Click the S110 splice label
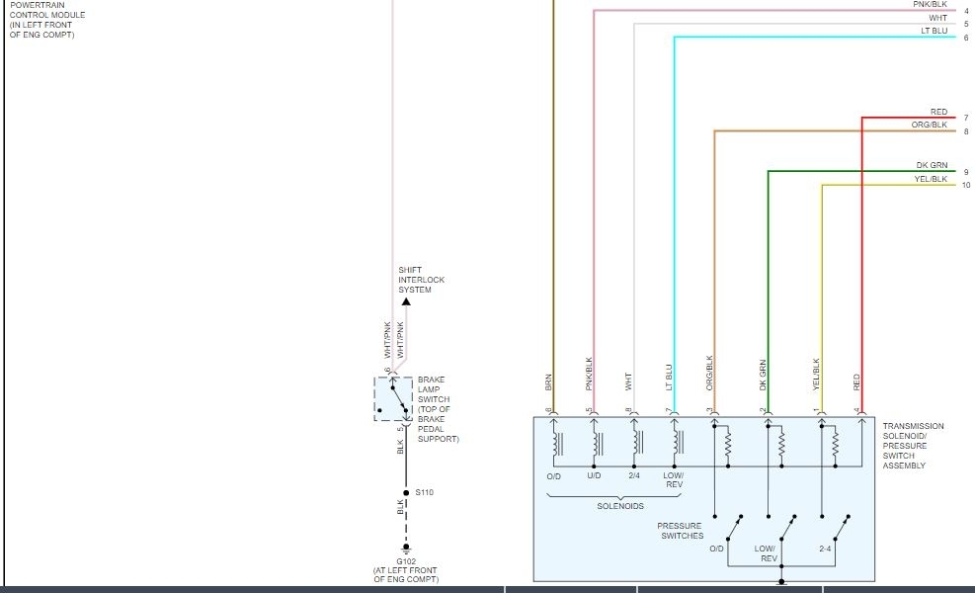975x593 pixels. [424, 492]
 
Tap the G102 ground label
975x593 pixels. [405, 561]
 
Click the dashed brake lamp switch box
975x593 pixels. [392, 398]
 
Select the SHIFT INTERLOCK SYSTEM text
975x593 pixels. [422, 280]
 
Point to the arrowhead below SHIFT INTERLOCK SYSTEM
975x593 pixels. [405, 301]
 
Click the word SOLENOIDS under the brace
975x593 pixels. [619, 506]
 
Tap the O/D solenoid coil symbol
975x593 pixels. [556, 443]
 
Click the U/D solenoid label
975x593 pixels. [594, 476]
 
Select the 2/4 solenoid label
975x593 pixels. [634, 476]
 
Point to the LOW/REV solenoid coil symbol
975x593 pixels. [677, 443]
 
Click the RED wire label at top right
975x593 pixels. [938, 113]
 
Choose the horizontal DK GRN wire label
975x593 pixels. [932, 166]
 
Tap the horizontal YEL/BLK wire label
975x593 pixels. [931, 179]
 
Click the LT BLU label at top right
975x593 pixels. [934, 32]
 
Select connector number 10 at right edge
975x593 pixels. [965, 186]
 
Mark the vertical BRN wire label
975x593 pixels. [548, 382]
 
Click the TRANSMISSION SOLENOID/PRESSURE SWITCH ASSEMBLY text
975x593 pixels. [913, 446]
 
